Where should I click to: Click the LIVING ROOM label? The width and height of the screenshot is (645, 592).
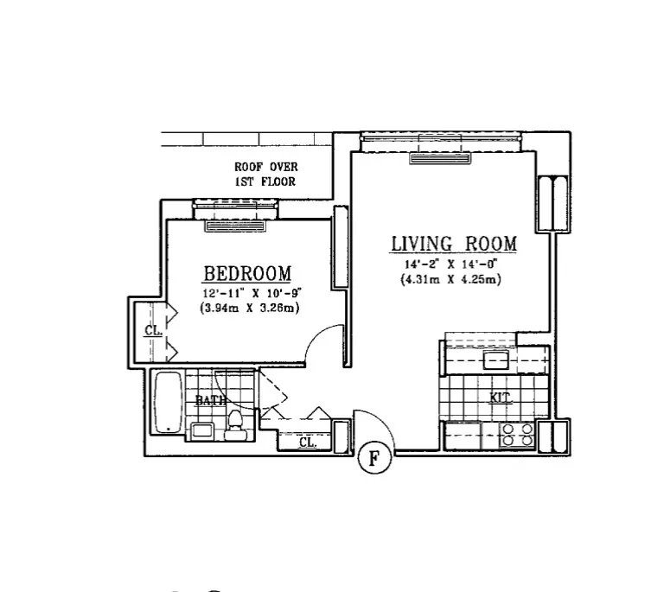453,244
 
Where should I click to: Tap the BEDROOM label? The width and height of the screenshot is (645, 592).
246,274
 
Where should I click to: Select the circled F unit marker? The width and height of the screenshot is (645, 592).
374,458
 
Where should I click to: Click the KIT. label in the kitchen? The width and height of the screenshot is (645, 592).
500,398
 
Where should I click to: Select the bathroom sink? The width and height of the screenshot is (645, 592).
204,430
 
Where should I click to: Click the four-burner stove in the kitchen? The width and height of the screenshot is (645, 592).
518,434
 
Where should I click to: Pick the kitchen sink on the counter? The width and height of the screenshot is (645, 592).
497,360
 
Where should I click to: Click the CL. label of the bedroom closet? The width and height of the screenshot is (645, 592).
152,330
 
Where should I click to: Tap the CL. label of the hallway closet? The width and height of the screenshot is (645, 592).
308,442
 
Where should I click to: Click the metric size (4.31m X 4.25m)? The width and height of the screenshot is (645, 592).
452,280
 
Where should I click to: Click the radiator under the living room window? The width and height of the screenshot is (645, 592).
441,158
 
